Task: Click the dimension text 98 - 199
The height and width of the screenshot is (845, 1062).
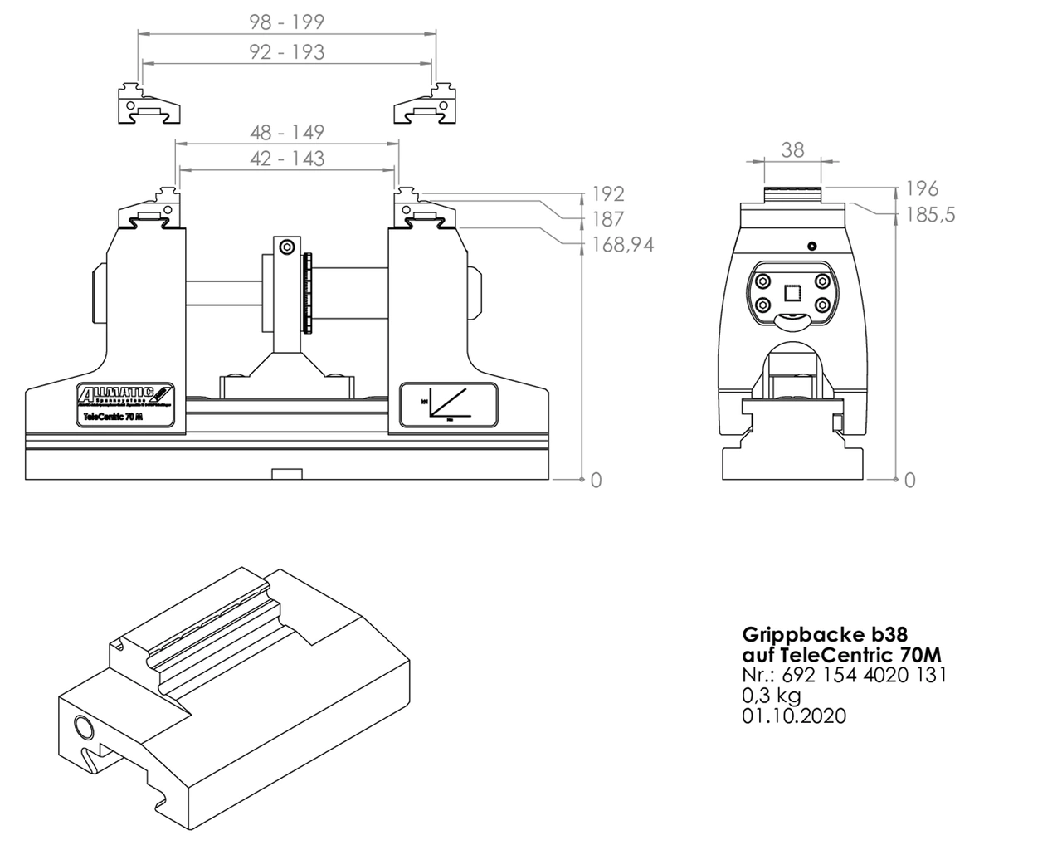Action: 287,22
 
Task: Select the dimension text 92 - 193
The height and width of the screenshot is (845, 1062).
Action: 287,52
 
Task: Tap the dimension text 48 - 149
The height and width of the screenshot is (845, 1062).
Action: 287,132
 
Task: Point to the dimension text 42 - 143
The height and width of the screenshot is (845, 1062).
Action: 287,158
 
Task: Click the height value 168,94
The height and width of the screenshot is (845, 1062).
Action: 622,245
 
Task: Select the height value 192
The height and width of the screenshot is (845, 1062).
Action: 607,194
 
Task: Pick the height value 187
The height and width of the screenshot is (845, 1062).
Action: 607,219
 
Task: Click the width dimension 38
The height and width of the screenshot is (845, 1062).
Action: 792,149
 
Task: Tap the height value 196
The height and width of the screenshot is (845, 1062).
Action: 922,189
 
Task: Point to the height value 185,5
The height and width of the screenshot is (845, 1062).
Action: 931,215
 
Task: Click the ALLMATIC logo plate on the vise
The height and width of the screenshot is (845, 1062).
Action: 124,406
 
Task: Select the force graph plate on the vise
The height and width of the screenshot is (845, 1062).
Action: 448,406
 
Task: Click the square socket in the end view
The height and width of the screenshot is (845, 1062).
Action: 792,292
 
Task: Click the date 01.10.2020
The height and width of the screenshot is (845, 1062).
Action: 794,716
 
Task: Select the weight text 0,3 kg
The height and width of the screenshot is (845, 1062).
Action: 771,695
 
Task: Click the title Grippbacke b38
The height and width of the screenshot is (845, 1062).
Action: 818,634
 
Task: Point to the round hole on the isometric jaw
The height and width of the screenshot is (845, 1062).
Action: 85,728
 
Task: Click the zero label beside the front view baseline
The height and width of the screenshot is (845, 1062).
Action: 596,480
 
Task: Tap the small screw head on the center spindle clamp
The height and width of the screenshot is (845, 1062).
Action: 286,247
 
